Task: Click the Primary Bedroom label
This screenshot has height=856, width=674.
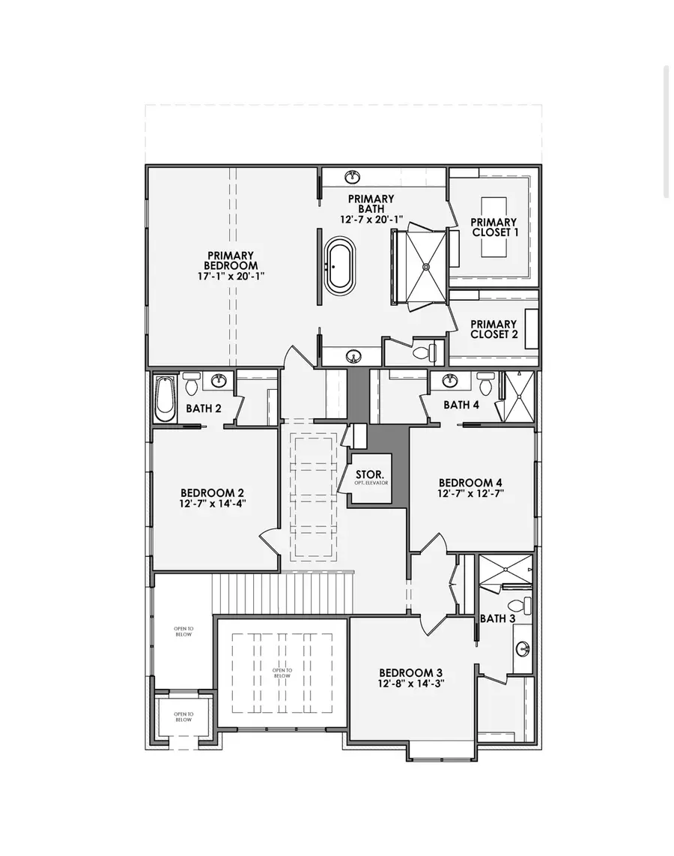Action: (232, 260)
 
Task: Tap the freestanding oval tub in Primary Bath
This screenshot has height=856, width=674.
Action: (340, 266)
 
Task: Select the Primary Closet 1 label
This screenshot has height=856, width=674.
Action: (494, 227)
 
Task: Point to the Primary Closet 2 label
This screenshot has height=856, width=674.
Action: (494, 329)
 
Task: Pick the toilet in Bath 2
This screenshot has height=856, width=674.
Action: (192, 384)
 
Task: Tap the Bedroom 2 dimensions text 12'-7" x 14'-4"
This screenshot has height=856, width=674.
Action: (213, 503)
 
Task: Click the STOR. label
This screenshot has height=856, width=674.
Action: (370, 475)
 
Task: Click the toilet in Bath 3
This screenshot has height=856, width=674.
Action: (517, 604)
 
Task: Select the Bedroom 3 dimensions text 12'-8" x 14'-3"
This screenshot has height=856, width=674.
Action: (411, 684)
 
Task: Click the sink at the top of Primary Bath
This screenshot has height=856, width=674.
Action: (352, 177)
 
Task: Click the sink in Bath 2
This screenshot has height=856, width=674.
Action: (218, 382)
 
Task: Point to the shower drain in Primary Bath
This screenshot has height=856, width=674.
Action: (425, 265)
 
